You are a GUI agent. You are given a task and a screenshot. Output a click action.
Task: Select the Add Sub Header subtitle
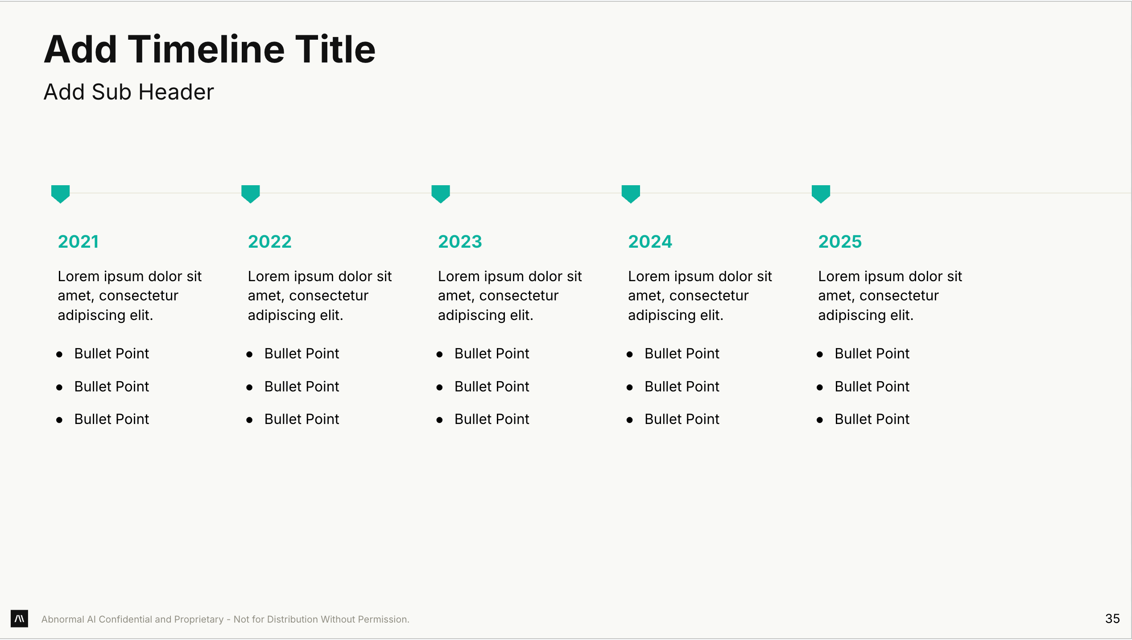(x=129, y=92)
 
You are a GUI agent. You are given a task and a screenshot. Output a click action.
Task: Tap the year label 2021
(x=78, y=241)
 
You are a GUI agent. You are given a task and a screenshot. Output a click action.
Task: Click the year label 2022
(x=269, y=241)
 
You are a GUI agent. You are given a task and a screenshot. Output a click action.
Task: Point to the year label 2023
(x=460, y=241)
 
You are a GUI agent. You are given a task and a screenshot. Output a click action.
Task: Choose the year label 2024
(x=650, y=241)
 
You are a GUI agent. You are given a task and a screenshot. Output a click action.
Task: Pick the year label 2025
(x=840, y=241)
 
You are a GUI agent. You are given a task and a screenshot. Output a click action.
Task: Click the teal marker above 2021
(x=61, y=194)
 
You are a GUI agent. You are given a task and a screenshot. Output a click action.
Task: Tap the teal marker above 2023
(x=441, y=194)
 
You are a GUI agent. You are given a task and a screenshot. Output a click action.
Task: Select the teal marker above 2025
(x=821, y=194)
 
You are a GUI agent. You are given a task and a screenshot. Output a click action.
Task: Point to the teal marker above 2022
(x=251, y=194)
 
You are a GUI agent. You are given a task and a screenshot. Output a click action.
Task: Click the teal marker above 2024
(x=631, y=194)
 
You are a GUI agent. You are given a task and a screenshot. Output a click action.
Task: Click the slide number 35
(x=1112, y=619)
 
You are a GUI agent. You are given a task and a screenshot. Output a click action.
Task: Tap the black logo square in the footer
(x=19, y=619)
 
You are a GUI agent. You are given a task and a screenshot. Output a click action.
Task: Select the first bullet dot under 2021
(x=59, y=354)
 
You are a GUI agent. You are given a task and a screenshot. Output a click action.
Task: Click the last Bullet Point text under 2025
(x=872, y=419)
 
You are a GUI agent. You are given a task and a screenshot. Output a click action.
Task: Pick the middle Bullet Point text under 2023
(x=492, y=386)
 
